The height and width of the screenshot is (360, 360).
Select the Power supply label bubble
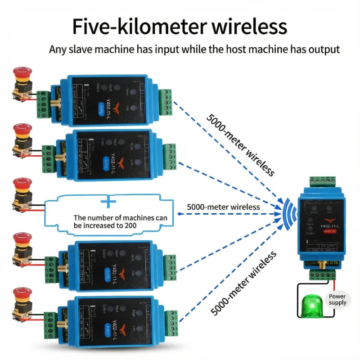click(337, 300)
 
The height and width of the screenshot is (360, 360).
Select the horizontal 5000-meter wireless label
click(223, 207)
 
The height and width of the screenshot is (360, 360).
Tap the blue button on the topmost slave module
click(102, 107)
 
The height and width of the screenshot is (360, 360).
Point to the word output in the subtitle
click(324, 49)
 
